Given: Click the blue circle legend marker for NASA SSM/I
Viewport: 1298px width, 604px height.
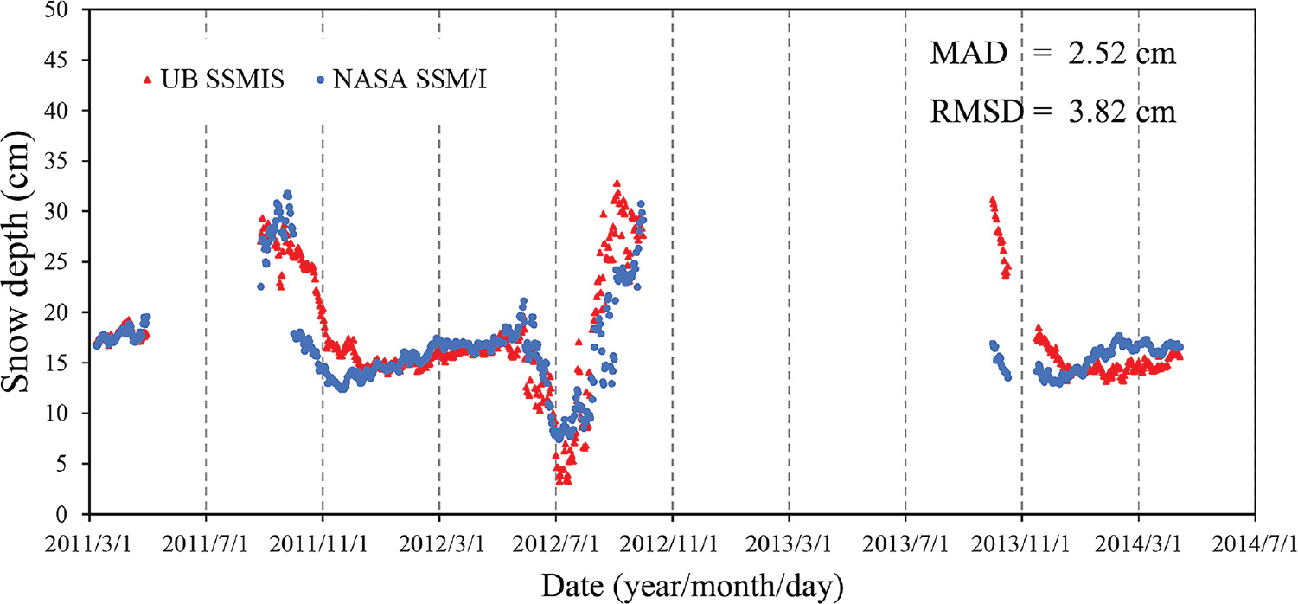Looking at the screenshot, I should point(320,80).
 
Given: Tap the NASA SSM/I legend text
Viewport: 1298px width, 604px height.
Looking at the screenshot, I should point(414,80).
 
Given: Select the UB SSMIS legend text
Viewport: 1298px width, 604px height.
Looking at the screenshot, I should point(215,80).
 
